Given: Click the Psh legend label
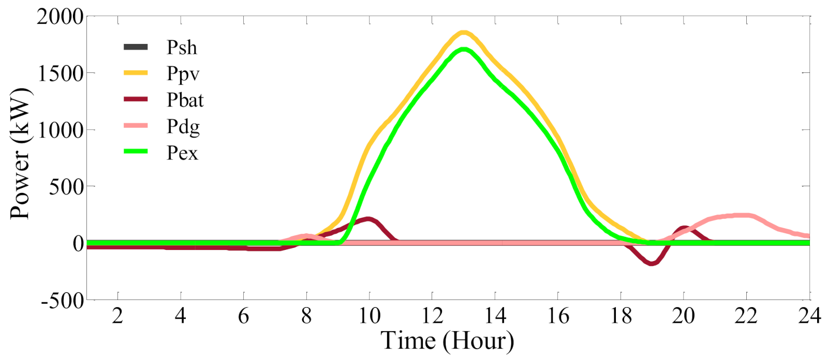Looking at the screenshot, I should point(182,48).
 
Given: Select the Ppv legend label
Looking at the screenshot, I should point(183,74).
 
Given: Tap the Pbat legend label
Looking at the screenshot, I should point(185,100).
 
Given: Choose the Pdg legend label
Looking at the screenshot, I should point(183,127).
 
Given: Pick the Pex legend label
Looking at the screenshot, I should point(182,153).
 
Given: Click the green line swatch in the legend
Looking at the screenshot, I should point(136,152).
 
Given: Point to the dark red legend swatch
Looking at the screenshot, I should point(136,99).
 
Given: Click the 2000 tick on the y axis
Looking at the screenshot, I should point(60,17).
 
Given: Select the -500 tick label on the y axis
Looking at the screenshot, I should point(62,301).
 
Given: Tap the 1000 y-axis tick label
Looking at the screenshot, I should point(60,130).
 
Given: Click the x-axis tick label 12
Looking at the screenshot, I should point(432,316).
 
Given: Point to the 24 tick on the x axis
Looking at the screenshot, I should point(809,316).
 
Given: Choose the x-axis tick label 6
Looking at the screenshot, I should point(243,316).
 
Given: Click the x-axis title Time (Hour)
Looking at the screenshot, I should point(447,341).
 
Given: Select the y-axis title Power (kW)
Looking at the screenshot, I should point(21,153).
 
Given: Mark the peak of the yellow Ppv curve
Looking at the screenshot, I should point(464,33).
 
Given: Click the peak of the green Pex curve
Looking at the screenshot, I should point(464,50).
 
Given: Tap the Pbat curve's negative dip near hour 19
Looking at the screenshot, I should point(652,263).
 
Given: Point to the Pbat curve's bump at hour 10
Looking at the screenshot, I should point(368,219).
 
